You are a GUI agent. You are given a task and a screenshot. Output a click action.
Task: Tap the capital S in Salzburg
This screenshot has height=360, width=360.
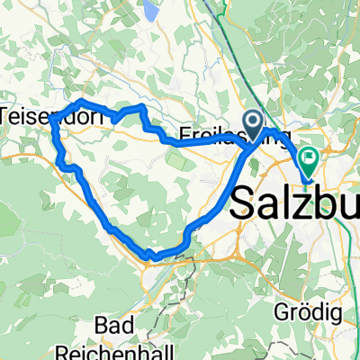(x=246, y=202)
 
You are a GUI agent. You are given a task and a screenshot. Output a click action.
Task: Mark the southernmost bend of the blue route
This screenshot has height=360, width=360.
(x=151, y=257)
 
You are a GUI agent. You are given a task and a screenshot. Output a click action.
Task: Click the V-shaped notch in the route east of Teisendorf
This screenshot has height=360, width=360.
(x=118, y=119)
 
